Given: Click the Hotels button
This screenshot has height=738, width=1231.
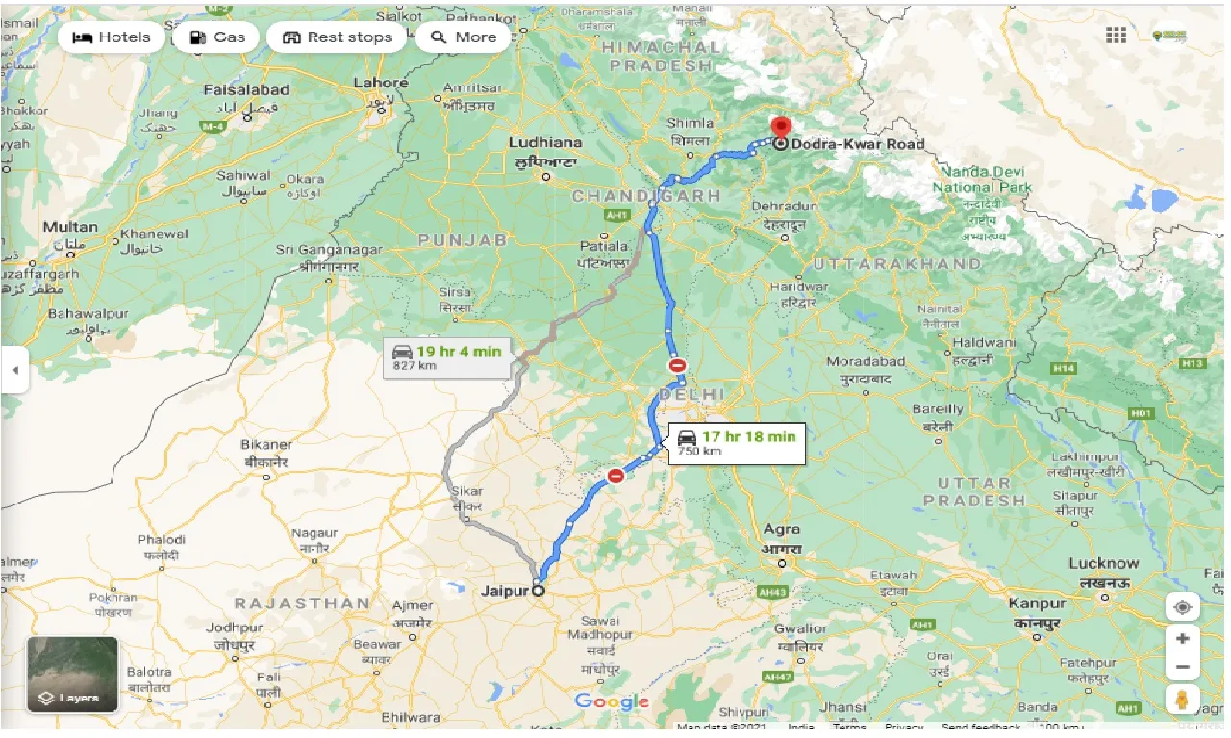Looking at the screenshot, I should (111, 37).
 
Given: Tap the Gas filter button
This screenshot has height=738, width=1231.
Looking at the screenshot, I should (217, 37).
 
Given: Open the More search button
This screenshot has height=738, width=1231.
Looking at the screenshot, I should (464, 37).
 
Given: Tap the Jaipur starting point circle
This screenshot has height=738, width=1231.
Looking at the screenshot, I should (538, 591).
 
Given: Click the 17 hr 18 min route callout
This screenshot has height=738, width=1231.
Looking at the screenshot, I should (736, 443).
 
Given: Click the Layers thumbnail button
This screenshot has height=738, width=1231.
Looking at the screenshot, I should (72, 674).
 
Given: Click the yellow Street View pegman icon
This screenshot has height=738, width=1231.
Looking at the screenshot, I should (1182, 699).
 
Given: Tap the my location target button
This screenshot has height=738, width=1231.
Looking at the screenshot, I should (1182, 607).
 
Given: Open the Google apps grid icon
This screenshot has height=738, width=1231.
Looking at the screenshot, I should (1116, 36).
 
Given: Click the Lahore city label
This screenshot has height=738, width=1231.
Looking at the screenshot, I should (380, 84).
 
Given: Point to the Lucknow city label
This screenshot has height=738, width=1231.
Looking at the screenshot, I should (1103, 563).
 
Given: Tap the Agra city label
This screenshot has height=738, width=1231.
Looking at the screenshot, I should (781, 529).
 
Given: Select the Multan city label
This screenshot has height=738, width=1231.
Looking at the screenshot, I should (70, 228).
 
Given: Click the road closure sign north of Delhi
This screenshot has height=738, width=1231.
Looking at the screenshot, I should (678, 365).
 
